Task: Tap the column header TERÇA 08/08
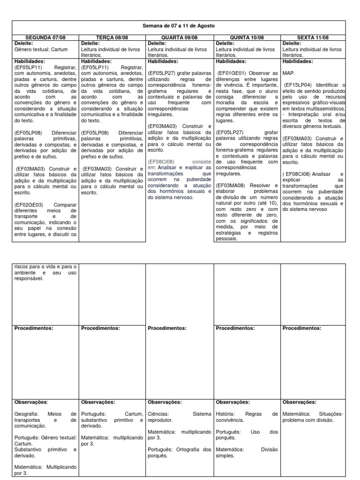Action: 112,37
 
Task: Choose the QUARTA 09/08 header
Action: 180,37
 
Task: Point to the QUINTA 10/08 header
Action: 247,37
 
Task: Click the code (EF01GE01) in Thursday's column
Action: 232,73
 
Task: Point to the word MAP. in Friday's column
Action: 290,73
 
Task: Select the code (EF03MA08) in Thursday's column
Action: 232,185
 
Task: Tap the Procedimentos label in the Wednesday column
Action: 167,328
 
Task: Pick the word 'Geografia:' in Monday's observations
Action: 28,414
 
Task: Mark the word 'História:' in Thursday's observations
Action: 227,414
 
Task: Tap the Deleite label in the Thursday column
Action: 225,43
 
